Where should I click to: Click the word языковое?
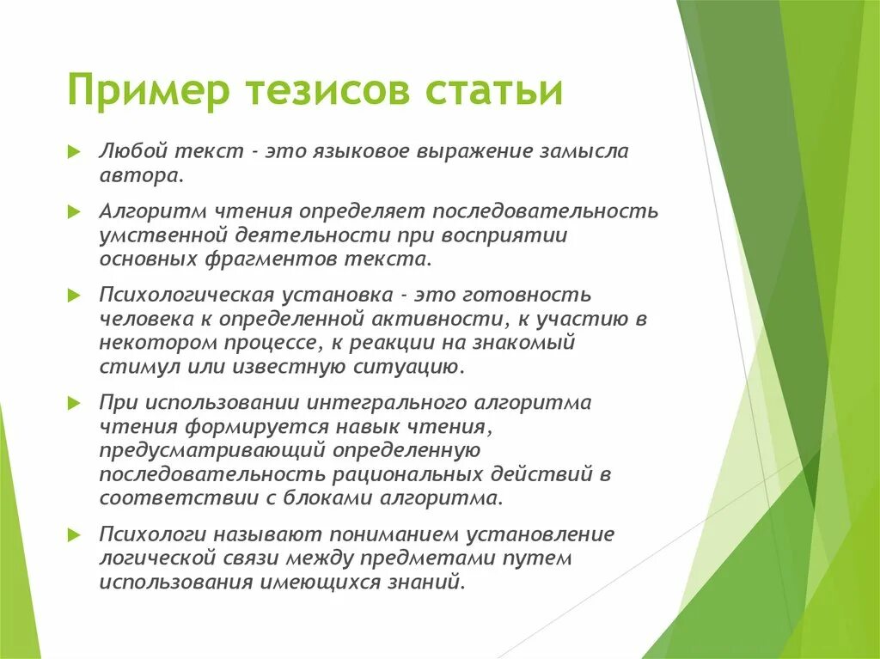pyautogui.click(x=370, y=152)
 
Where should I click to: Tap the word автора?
pyautogui.click(x=141, y=175)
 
